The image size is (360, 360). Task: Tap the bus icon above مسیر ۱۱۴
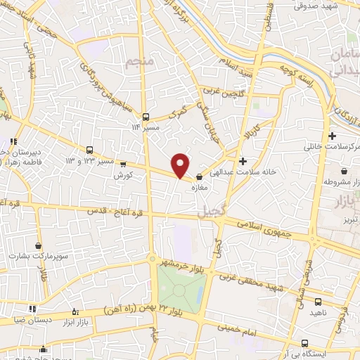click(x=146, y=117)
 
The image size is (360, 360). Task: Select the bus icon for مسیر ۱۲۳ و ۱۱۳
click(x=90, y=150)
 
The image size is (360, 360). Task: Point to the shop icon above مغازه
click(x=200, y=177)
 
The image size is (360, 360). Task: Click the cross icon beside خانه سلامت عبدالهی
click(x=243, y=160)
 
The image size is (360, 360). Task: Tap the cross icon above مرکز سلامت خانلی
click(x=332, y=135)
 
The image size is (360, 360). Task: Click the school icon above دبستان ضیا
click(x=32, y=308)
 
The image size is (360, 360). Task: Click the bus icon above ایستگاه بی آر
click(x=304, y=342)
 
